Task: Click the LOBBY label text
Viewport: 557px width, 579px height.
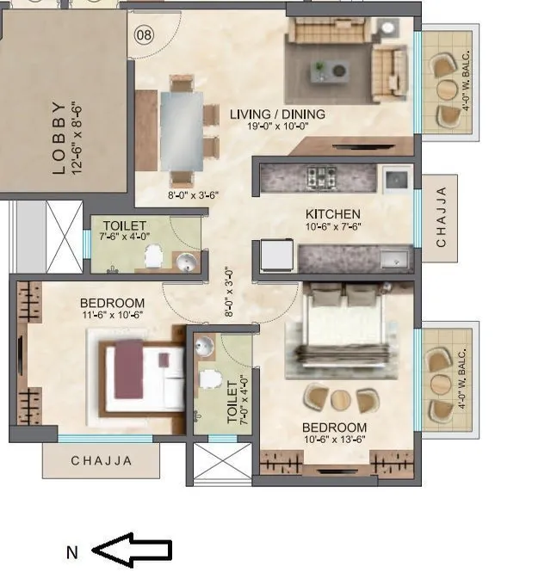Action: point(59,138)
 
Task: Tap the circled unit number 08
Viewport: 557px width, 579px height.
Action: point(144,35)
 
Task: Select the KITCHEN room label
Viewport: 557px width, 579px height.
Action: point(332,214)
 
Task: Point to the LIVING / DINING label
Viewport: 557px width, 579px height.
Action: point(277,114)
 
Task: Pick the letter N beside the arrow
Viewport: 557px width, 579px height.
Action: point(72,552)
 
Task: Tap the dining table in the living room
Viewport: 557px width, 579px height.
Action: point(181,131)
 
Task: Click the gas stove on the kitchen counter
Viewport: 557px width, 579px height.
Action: point(322,178)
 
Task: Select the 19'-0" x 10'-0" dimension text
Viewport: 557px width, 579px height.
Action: point(277,126)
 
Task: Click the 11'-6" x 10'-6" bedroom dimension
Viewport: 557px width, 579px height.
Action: point(112,315)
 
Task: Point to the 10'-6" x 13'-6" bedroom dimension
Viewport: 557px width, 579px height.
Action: point(334,440)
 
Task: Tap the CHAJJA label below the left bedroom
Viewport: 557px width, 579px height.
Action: point(102,461)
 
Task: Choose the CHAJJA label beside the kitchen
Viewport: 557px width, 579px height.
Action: point(441,218)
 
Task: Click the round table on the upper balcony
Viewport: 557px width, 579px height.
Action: point(446,89)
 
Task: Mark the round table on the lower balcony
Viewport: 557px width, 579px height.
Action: point(440,384)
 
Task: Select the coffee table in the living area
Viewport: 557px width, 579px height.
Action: point(331,70)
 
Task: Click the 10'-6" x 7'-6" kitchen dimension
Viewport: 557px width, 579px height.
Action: point(332,226)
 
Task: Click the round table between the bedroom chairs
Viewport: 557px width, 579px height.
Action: point(342,400)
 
